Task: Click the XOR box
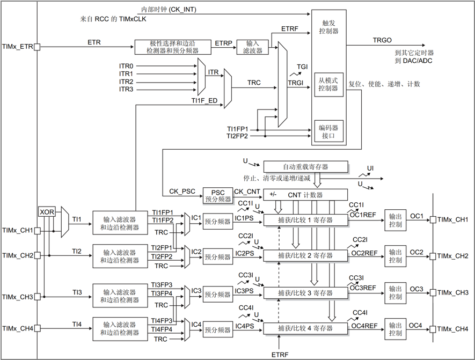pyautogui.click(x=47, y=212)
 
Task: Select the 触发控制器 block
pyautogui.click(x=330, y=27)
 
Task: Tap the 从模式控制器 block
pyautogui.click(x=328, y=84)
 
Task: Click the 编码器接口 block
pyautogui.click(x=328, y=131)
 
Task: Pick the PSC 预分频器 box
pyautogui.click(x=217, y=195)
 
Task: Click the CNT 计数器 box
pyautogui.click(x=305, y=194)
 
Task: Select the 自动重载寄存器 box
pyautogui.click(x=305, y=167)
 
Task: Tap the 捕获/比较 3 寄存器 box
pyautogui.click(x=305, y=293)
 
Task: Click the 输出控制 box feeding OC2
pyautogui.click(x=396, y=256)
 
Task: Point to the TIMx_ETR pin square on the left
pyautogui.click(x=37, y=47)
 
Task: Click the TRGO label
pyautogui.click(x=382, y=40)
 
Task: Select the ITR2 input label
pyautogui.click(x=126, y=82)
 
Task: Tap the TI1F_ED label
pyautogui.click(x=204, y=100)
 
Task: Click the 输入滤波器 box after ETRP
pyautogui.click(x=253, y=47)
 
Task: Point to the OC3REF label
pyautogui.click(x=363, y=288)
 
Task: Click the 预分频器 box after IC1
pyautogui.click(x=217, y=221)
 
